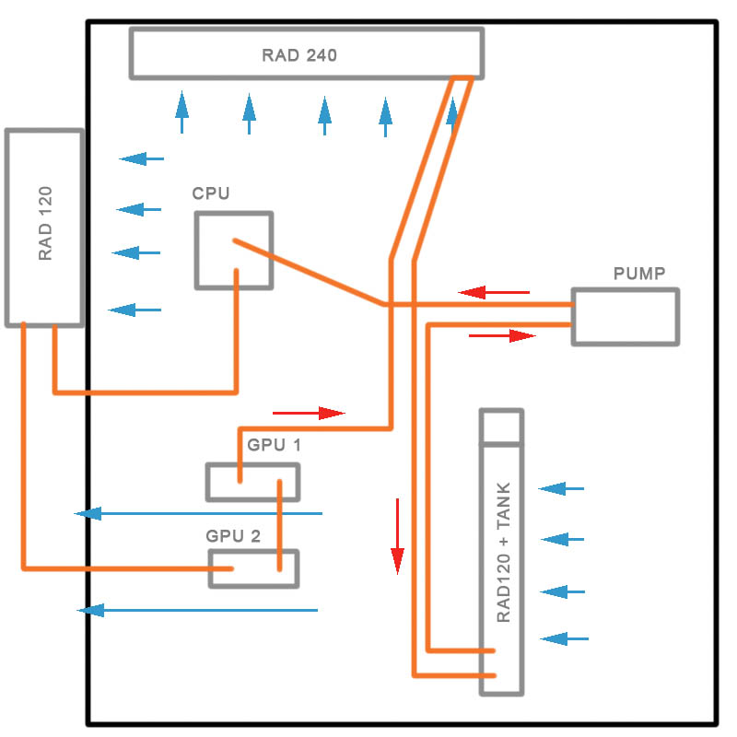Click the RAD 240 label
(x=299, y=55)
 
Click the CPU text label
(x=211, y=193)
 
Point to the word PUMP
(x=639, y=274)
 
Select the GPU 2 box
(x=253, y=568)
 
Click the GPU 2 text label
(x=233, y=534)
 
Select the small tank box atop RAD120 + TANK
(x=502, y=427)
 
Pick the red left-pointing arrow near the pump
(x=495, y=293)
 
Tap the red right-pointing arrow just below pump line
(x=502, y=335)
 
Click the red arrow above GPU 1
(x=309, y=413)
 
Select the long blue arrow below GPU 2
(x=198, y=610)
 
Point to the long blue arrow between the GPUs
(x=198, y=513)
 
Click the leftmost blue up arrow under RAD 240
(x=182, y=112)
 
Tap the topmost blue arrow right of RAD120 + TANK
(x=561, y=488)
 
